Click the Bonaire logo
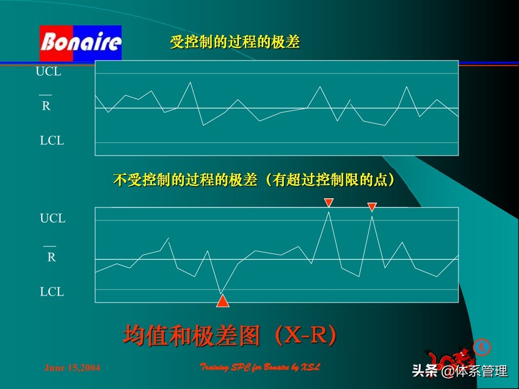click(81, 42)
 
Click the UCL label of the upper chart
click(48, 72)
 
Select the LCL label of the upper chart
click(51, 140)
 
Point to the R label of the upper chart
click(46, 106)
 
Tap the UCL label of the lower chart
click(52, 219)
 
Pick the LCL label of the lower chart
click(51, 292)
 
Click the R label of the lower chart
click(51, 257)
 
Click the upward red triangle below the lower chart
click(222, 301)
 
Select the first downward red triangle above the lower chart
click(329, 203)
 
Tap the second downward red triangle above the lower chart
click(371, 206)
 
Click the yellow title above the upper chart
click(235, 43)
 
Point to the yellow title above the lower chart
click(254, 180)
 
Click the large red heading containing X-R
click(231, 336)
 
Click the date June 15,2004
click(72, 368)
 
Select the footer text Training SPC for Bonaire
click(260, 367)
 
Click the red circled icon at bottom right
click(480, 346)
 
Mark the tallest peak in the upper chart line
click(190, 82)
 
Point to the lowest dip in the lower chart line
click(221, 293)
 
